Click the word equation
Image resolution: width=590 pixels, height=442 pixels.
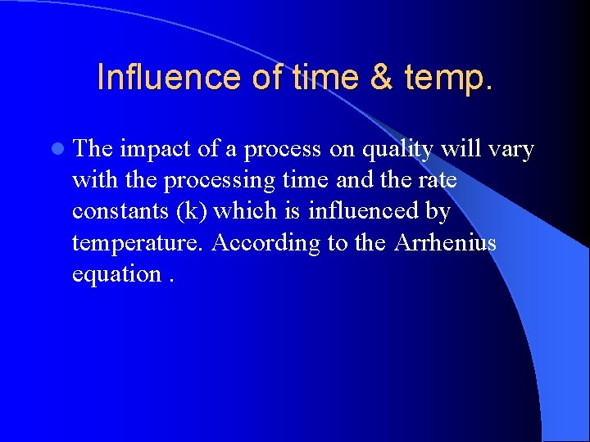(116, 274)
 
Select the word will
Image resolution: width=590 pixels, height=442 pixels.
(460, 150)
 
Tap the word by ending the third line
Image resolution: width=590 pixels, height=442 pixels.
(438, 212)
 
